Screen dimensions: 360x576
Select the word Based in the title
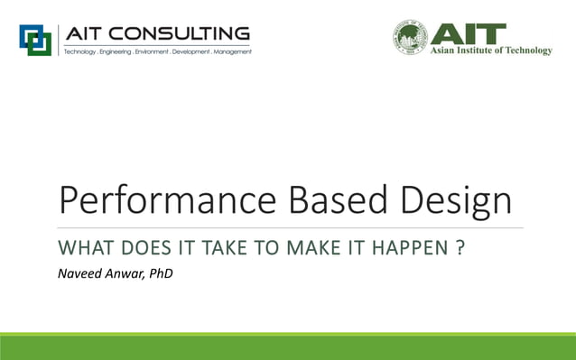[x=341, y=199]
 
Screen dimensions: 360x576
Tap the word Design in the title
[x=460, y=199]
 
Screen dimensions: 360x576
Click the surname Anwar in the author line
[x=127, y=272]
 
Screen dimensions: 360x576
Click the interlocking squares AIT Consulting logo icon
[x=36, y=40]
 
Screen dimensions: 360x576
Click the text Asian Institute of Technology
[x=491, y=51]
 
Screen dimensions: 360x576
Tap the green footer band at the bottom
[x=288, y=346]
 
